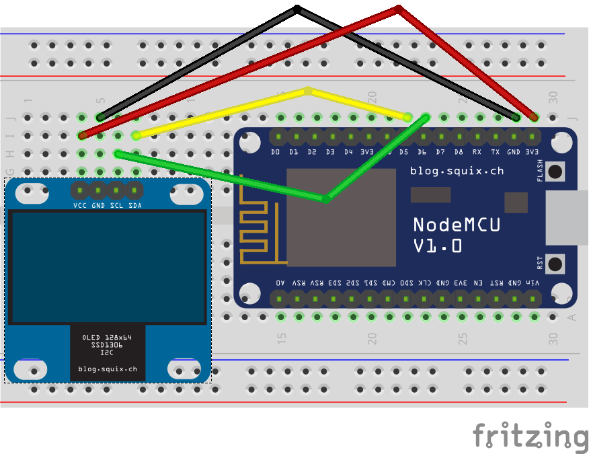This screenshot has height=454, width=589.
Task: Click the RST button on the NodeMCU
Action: point(555,263)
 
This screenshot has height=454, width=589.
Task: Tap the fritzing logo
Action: point(530,435)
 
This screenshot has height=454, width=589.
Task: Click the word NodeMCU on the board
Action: point(457,225)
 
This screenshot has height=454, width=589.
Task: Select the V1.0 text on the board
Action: point(438,246)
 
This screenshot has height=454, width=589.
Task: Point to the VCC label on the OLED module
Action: point(81,205)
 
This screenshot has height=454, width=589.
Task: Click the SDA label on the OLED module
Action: point(135,205)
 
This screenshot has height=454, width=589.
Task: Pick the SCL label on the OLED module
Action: point(117,205)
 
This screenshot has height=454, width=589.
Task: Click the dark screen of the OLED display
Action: point(108,267)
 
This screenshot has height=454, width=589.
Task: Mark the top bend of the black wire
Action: point(297,9)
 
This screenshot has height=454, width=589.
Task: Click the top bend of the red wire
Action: point(398,9)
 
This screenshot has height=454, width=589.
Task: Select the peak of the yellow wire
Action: point(308,89)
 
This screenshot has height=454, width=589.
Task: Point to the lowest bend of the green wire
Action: point(325,199)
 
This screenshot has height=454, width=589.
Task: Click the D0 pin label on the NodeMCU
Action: point(275,153)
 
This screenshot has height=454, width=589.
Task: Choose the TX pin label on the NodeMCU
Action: point(496,153)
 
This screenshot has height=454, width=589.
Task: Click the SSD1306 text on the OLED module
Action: point(108,344)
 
